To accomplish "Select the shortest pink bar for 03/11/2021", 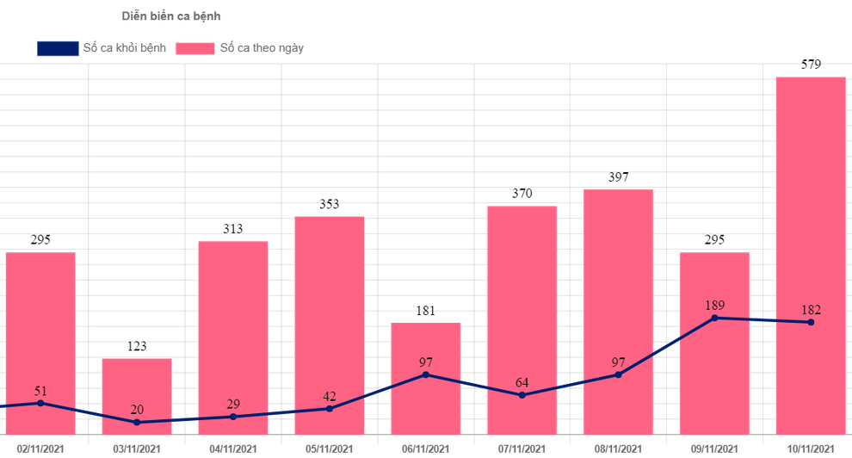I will pos(136,396).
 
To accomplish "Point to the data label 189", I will pos(714,305).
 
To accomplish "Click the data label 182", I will pos(811,310).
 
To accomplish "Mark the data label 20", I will pos(137,410).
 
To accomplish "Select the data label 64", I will pos(522,382).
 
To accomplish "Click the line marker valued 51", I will pos(40,403).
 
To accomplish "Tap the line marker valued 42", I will pos(330,408).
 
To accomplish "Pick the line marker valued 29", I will pos(233,417).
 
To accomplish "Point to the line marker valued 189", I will pos(714,318).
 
